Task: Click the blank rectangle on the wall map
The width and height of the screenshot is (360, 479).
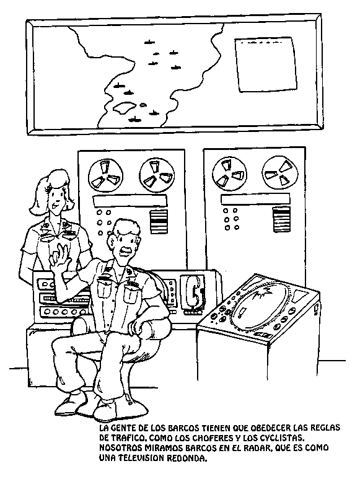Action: coord(266,64)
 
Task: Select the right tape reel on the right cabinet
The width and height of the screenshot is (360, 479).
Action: coord(280,173)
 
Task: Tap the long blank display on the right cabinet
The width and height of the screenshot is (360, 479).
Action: coord(255,199)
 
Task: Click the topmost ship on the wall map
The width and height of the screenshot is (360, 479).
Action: coord(148,42)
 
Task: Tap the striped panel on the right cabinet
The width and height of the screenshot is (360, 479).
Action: coord(281,219)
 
